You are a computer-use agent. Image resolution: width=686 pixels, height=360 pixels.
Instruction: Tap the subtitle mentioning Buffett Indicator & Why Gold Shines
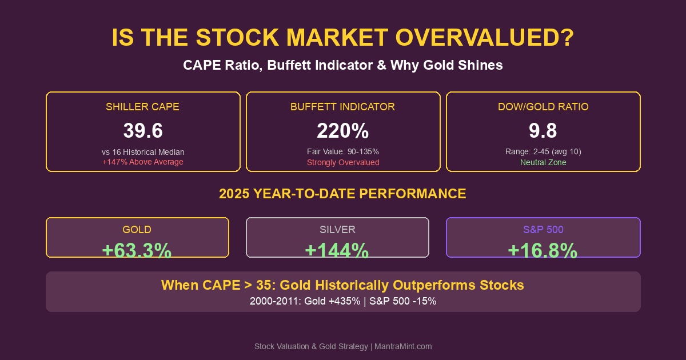pyautogui.click(x=342, y=65)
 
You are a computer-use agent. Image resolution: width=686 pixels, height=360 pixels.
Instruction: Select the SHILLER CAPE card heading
pyautogui.click(x=142, y=107)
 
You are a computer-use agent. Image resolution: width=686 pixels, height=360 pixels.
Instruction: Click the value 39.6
pyautogui.click(x=142, y=131)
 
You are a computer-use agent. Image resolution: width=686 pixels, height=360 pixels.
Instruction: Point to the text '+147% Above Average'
pyautogui.click(x=142, y=162)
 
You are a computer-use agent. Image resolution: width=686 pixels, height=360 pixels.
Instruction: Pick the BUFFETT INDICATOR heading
pyautogui.click(x=342, y=107)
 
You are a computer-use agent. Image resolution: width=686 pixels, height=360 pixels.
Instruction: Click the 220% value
pyautogui.click(x=342, y=131)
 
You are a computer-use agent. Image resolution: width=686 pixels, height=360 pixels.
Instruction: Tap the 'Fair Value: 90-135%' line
pyautogui.click(x=342, y=152)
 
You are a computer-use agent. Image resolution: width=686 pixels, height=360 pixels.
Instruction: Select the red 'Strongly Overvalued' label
pyautogui.click(x=342, y=162)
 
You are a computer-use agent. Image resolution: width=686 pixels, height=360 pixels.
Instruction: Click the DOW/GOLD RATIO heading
pyautogui.click(x=543, y=107)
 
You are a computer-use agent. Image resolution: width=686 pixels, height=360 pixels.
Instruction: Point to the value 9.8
pyautogui.click(x=543, y=131)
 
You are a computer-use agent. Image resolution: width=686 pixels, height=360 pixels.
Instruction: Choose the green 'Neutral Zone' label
pyautogui.click(x=543, y=162)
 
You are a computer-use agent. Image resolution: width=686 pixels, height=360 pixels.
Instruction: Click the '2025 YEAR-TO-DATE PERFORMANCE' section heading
pyautogui.click(x=342, y=194)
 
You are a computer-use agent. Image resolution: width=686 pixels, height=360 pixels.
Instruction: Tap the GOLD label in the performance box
pyautogui.click(x=137, y=230)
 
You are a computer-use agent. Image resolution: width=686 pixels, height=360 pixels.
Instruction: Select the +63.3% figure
pyautogui.click(x=137, y=250)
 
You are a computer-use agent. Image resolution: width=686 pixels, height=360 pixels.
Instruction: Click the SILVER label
pyautogui.click(x=337, y=230)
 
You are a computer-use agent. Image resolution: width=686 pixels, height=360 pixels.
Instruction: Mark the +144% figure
pyautogui.click(x=337, y=250)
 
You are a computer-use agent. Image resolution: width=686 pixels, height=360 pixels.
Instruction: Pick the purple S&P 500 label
pyautogui.click(x=543, y=230)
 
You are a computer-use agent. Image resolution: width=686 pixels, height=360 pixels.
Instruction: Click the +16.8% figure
pyautogui.click(x=543, y=250)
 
